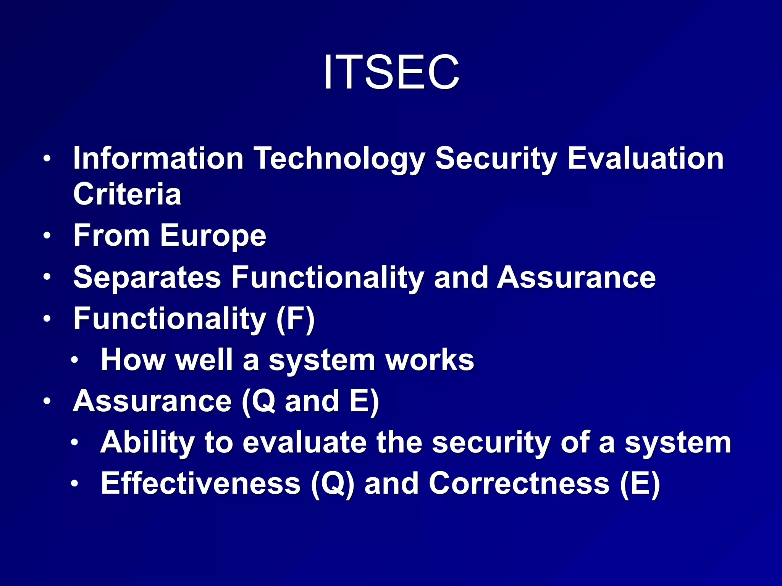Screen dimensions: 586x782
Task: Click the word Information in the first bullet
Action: [x=158, y=158]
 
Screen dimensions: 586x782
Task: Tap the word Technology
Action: [x=339, y=158]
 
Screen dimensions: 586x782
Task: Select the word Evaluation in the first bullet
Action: [x=645, y=158]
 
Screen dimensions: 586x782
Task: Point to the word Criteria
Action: [x=127, y=194]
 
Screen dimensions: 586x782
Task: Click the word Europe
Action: [x=213, y=236]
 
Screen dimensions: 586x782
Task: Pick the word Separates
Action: [x=147, y=277]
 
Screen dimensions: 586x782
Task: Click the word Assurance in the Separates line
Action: [x=576, y=277]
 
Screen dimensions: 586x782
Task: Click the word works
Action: [x=430, y=360]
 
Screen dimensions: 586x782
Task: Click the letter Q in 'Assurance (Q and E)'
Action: [x=263, y=401]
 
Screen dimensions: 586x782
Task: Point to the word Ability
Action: [x=147, y=443]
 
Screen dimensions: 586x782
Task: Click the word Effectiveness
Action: [x=200, y=484]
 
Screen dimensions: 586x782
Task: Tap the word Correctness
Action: [x=519, y=484]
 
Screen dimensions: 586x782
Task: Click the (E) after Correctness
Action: [x=640, y=484]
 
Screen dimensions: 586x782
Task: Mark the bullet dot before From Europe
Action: [x=47, y=235]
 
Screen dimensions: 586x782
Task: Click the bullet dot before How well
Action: [x=75, y=360]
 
